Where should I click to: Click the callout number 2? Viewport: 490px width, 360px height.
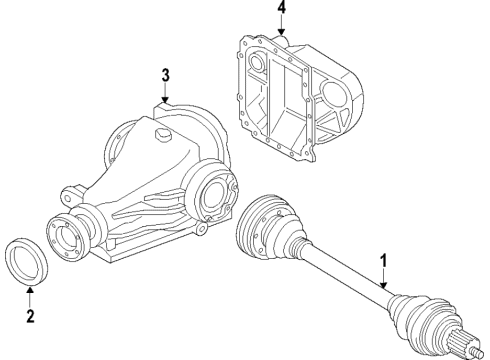point(30,318)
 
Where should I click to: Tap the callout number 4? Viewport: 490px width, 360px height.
point(281,11)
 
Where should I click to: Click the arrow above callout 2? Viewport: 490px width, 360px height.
point(30,295)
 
